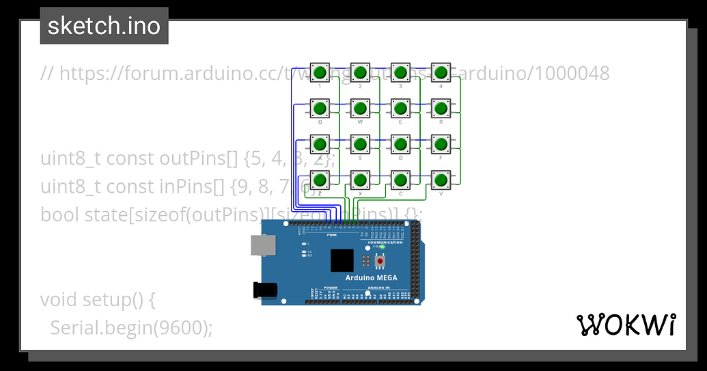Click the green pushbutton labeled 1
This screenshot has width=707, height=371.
[320, 72]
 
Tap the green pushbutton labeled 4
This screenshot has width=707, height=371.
[441, 72]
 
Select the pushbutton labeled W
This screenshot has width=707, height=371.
[360, 108]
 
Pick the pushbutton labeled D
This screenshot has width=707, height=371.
[400, 144]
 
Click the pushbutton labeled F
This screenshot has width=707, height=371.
[441, 144]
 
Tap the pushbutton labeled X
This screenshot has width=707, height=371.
[360, 180]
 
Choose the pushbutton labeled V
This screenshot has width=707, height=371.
[441, 180]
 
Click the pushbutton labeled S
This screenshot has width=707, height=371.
[360, 144]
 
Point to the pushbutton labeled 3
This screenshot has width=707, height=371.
[400, 72]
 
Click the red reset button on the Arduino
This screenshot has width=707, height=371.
[380, 260]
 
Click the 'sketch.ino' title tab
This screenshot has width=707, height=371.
[104, 26]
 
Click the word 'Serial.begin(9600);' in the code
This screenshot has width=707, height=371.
[131, 328]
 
